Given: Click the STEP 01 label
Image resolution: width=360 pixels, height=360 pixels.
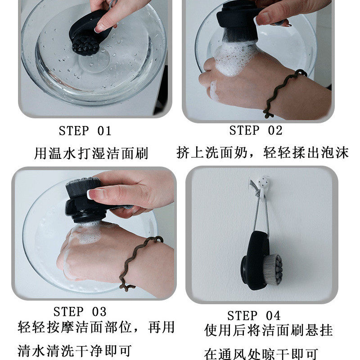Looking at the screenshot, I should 85,131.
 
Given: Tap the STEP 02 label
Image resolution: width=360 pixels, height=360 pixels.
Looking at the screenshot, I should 256,130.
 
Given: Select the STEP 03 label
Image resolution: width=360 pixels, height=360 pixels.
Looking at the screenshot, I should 80,311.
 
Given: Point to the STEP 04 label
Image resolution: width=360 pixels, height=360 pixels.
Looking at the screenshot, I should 253,315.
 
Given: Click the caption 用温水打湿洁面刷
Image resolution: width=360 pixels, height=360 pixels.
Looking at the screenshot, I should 91,153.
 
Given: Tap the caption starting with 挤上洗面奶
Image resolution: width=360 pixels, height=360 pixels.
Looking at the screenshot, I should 262,153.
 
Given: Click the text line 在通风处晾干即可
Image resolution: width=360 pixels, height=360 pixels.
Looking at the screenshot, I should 261,353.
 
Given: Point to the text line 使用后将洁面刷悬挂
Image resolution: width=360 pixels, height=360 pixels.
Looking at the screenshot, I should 268,331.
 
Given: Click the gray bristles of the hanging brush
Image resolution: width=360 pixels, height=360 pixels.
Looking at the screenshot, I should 274,269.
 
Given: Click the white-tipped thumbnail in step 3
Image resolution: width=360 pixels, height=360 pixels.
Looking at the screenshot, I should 94,194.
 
